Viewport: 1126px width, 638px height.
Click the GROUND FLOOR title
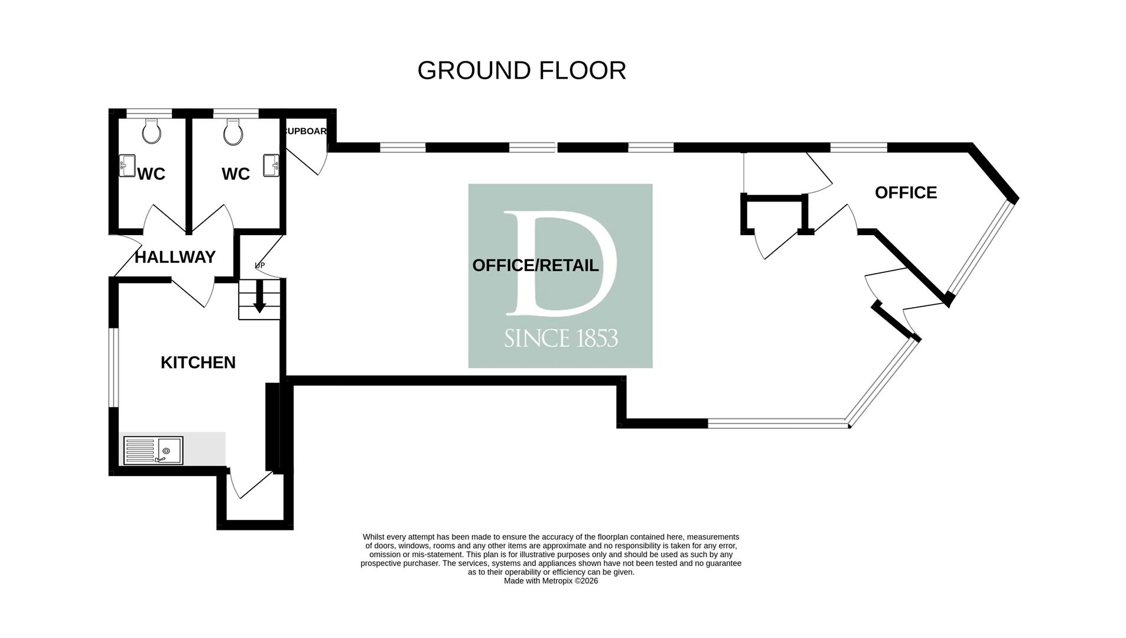(521, 71)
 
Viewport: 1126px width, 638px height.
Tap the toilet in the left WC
(151, 131)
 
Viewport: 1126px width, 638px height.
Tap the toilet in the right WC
(233, 132)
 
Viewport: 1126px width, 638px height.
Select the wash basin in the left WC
(127, 166)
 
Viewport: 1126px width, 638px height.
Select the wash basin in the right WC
(272, 165)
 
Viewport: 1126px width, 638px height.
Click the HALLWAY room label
(175, 258)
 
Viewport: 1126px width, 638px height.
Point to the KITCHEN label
(198, 363)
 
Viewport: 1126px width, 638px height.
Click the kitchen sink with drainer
(153, 451)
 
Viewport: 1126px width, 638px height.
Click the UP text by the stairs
(259, 266)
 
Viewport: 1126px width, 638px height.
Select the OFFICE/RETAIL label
(535, 266)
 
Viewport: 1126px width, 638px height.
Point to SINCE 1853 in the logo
(561, 338)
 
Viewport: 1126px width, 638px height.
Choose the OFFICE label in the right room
(906, 193)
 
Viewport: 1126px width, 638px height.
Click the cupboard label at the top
(306, 131)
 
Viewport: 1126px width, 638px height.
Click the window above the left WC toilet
(149, 113)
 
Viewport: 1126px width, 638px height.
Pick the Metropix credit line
(551, 581)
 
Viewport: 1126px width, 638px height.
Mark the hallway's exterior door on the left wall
(126, 255)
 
